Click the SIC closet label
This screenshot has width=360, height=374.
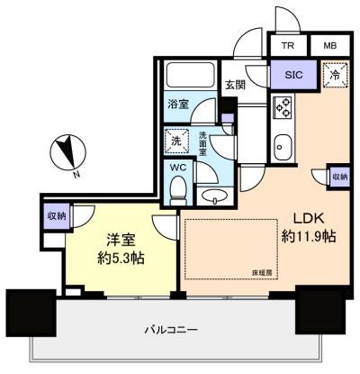point(293,75)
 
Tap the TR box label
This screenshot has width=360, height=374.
point(288,46)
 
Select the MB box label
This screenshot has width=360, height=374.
point(330,46)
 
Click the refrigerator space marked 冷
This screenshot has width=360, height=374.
point(335,75)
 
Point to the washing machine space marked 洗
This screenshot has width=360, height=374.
point(176,141)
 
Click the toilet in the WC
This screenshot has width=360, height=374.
point(178,191)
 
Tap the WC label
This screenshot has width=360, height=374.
point(178,168)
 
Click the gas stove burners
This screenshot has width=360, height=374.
point(283,106)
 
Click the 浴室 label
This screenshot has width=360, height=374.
point(178,105)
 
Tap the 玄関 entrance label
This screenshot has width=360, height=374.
point(236,86)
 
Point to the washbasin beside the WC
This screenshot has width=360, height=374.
point(214,196)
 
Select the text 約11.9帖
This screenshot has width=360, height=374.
point(309,237)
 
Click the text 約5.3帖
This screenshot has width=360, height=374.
point(121,258)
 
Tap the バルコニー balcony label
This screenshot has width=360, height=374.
point(171,331)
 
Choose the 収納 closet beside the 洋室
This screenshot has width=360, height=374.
point(57,216)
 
